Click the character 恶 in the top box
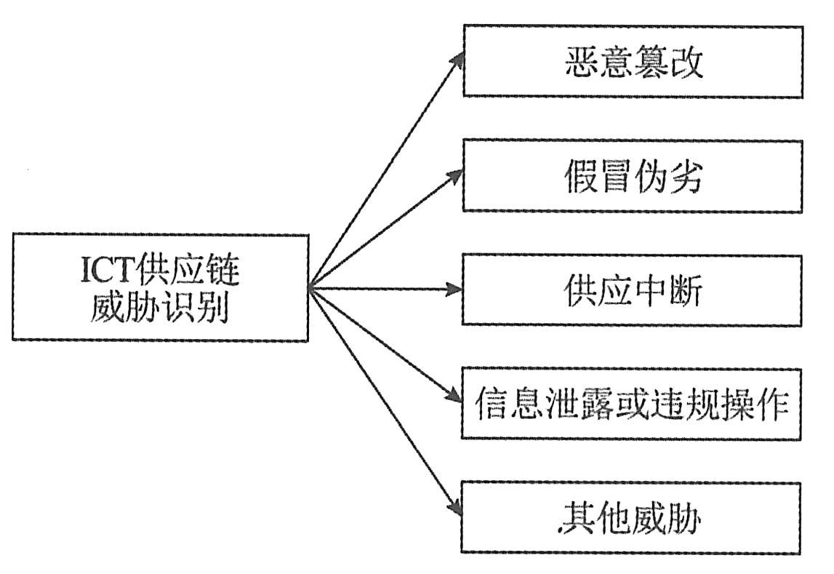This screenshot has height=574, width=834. click(x=579, y=63)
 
